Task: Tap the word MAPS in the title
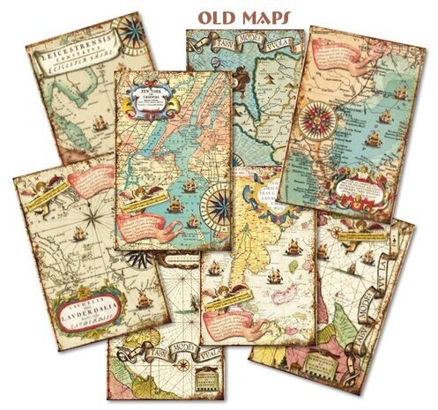click(x=256, y=16)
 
